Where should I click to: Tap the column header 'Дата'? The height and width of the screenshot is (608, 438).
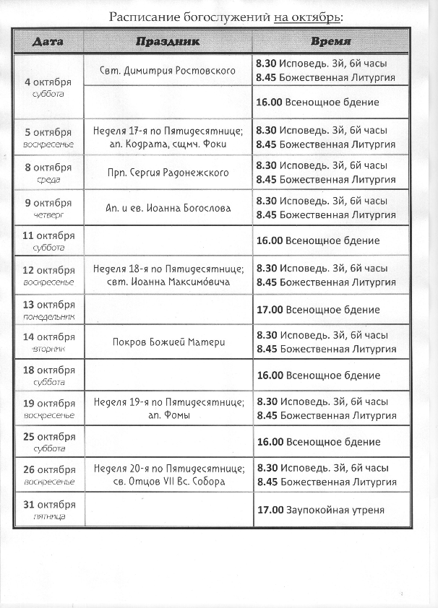coord(48,42)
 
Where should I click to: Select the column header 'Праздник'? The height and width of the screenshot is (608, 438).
coord(168,42)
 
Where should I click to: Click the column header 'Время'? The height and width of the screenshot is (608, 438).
coord(331,42)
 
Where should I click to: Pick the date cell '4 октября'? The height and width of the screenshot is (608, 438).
coord(48,81)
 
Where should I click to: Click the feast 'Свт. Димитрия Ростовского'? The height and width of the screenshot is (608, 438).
coord(168,71)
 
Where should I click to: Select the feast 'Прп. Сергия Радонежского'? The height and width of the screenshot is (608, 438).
coord(168,173)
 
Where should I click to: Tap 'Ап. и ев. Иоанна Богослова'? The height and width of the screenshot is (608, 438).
coord(168,208)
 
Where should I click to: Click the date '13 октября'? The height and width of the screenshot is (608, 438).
coord(48,304)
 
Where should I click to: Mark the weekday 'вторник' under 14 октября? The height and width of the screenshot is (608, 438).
coord(48,348)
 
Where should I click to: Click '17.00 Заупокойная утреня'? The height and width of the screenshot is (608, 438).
coord(321,510)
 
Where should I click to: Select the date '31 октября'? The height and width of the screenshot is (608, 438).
coord(48,505)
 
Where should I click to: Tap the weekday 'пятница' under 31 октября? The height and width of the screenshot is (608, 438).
coord(48,516)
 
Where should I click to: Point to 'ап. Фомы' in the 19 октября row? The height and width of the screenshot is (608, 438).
coord(168,415)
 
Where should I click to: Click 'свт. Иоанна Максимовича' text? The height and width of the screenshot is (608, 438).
coord(168,282)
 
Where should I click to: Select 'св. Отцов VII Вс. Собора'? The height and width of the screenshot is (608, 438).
coord(168,482)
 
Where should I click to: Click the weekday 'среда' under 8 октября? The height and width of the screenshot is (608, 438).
coord(48,179)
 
